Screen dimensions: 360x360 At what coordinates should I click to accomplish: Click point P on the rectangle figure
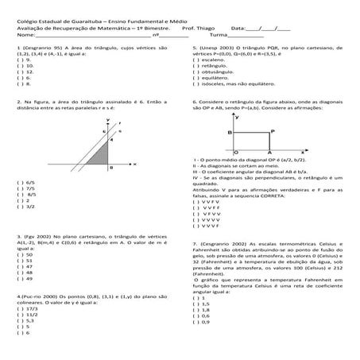[x=272, y=154]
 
